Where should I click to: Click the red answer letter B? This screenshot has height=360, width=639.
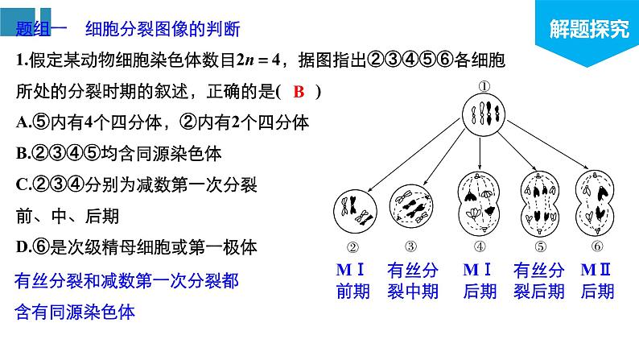[299, 92]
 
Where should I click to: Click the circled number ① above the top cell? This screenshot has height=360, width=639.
[484, 86]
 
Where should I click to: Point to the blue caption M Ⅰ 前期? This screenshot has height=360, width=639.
[352, 279]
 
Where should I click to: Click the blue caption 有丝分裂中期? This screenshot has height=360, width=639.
[412, 279]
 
